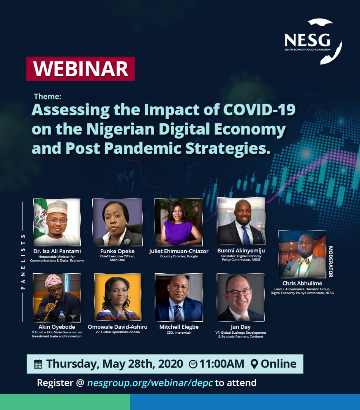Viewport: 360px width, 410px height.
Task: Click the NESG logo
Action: tap(313, 41)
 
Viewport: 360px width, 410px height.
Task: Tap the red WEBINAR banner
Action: tap(81, 69)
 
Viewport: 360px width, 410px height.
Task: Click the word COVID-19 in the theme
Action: tap(259, 110)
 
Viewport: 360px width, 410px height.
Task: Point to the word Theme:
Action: tap(47, 96)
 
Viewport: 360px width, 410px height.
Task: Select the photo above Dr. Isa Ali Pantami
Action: tap(57, 222)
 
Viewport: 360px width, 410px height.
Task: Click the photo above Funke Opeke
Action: tap(117, 222)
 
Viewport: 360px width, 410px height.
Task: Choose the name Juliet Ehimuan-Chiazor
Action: tap(179, 251)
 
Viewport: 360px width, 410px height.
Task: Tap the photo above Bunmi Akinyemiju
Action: tap(241, 221)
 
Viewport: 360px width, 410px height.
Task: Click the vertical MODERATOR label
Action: tap(330, 262)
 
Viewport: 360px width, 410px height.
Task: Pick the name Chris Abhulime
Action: tap(302, 283)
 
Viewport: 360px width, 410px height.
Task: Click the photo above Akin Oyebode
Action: tap(57, 298)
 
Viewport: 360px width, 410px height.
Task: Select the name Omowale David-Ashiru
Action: tap(117, 327)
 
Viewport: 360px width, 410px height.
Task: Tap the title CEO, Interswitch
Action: tap(179, 333)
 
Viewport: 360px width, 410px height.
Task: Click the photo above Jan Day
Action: tap(241, 297)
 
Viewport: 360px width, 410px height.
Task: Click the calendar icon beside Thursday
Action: tap(38, 364)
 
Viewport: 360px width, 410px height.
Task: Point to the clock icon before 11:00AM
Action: tap(193, 364)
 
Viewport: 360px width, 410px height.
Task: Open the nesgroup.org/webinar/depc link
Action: tap(150, 383)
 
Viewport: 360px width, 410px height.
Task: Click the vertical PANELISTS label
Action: tap(23, 262)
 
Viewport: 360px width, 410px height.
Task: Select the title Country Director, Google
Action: tap(179, 256)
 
